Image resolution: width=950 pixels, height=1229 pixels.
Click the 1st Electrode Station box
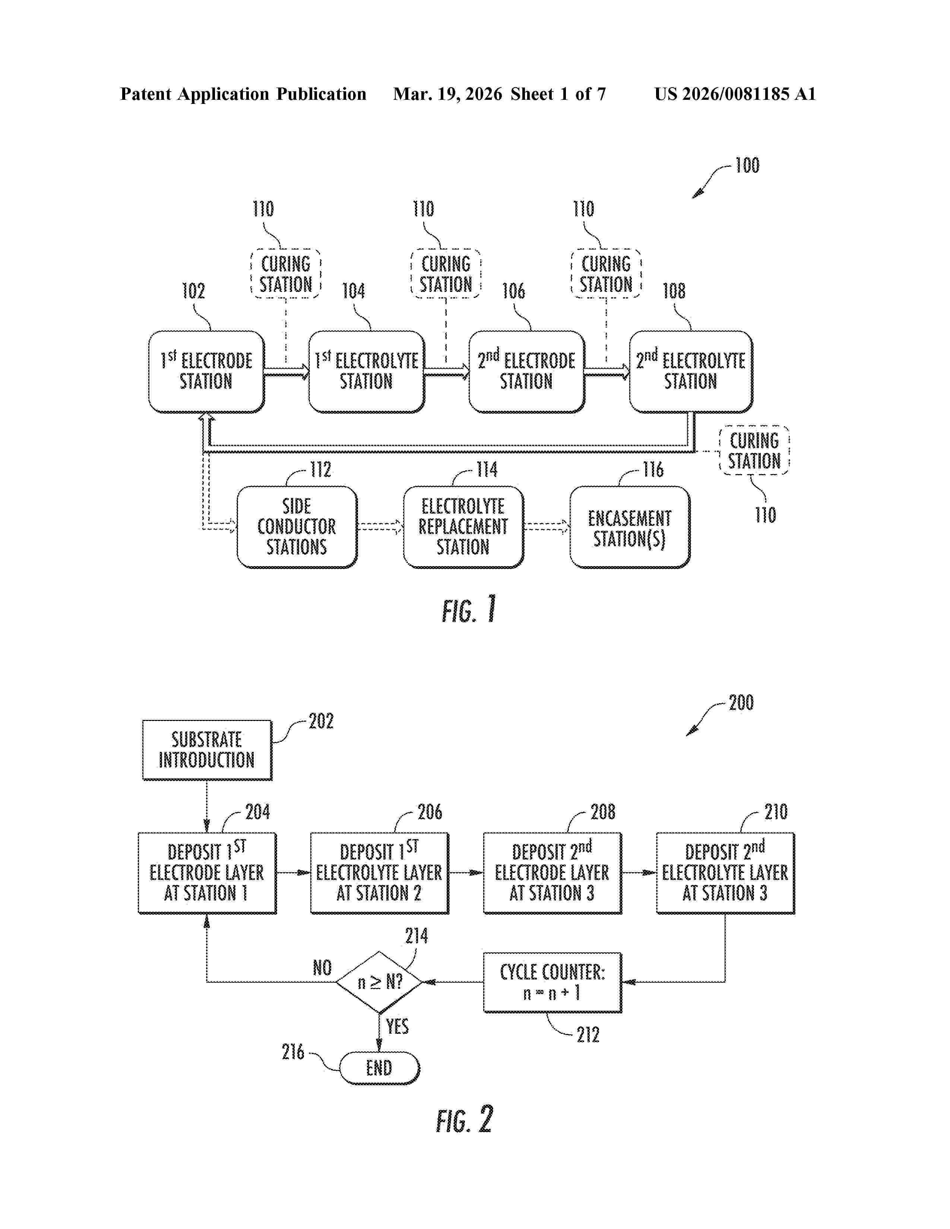(206, 371)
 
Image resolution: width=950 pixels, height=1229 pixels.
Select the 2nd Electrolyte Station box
(691, 371)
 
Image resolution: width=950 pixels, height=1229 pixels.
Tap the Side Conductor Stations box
(297, 527)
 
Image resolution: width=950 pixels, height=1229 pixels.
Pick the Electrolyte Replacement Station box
(463, 527)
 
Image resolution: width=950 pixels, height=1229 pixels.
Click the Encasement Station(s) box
(629, 527)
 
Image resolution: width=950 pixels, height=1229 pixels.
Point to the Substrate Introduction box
(206, 750)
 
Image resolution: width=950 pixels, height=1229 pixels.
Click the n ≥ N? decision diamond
(379, 982)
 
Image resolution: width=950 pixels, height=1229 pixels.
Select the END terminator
(379, 1067)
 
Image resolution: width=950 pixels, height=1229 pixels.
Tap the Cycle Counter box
(552, 982)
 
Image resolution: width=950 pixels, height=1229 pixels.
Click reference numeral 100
(747, 165)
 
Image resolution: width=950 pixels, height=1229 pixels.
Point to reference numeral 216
(293, 1052)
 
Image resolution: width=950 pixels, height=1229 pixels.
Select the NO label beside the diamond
(322, 968)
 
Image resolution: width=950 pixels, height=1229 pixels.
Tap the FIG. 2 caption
(464, 1120)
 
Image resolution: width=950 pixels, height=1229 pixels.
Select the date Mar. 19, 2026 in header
(447, 94)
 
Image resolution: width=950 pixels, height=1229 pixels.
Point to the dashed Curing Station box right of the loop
(754, 451)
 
